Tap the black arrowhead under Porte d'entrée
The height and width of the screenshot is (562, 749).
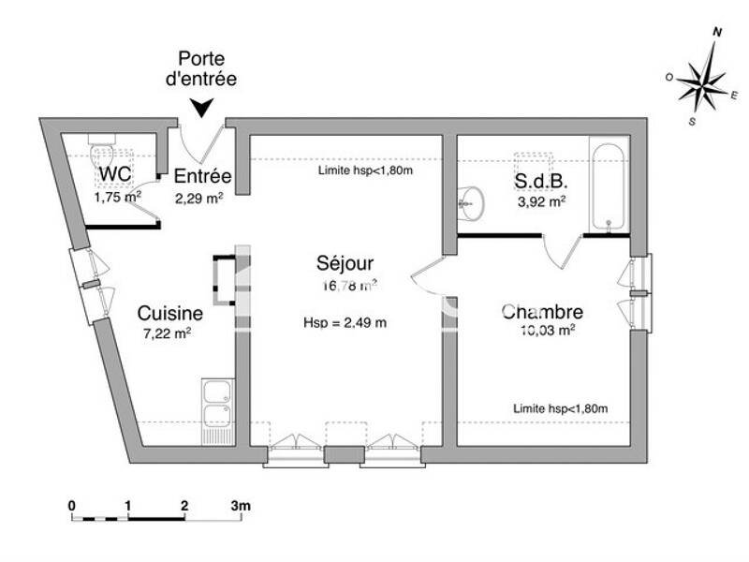[201, 109]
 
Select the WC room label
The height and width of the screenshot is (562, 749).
[114, 175]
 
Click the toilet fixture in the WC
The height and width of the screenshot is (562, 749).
[103, 152]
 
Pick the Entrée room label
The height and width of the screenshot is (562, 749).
[202, 176]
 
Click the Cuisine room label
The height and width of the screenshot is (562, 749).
[169, 313]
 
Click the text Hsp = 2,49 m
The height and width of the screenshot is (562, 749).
[345, 322]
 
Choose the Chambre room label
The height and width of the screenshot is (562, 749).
[542, 312]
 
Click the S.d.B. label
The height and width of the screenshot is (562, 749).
[541, 181]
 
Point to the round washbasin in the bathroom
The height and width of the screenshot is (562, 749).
[471, 199]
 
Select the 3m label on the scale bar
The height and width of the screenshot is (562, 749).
[242, 506]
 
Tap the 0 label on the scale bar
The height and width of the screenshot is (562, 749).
[72, 506]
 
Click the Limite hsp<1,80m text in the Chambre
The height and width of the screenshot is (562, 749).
[560, 408]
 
